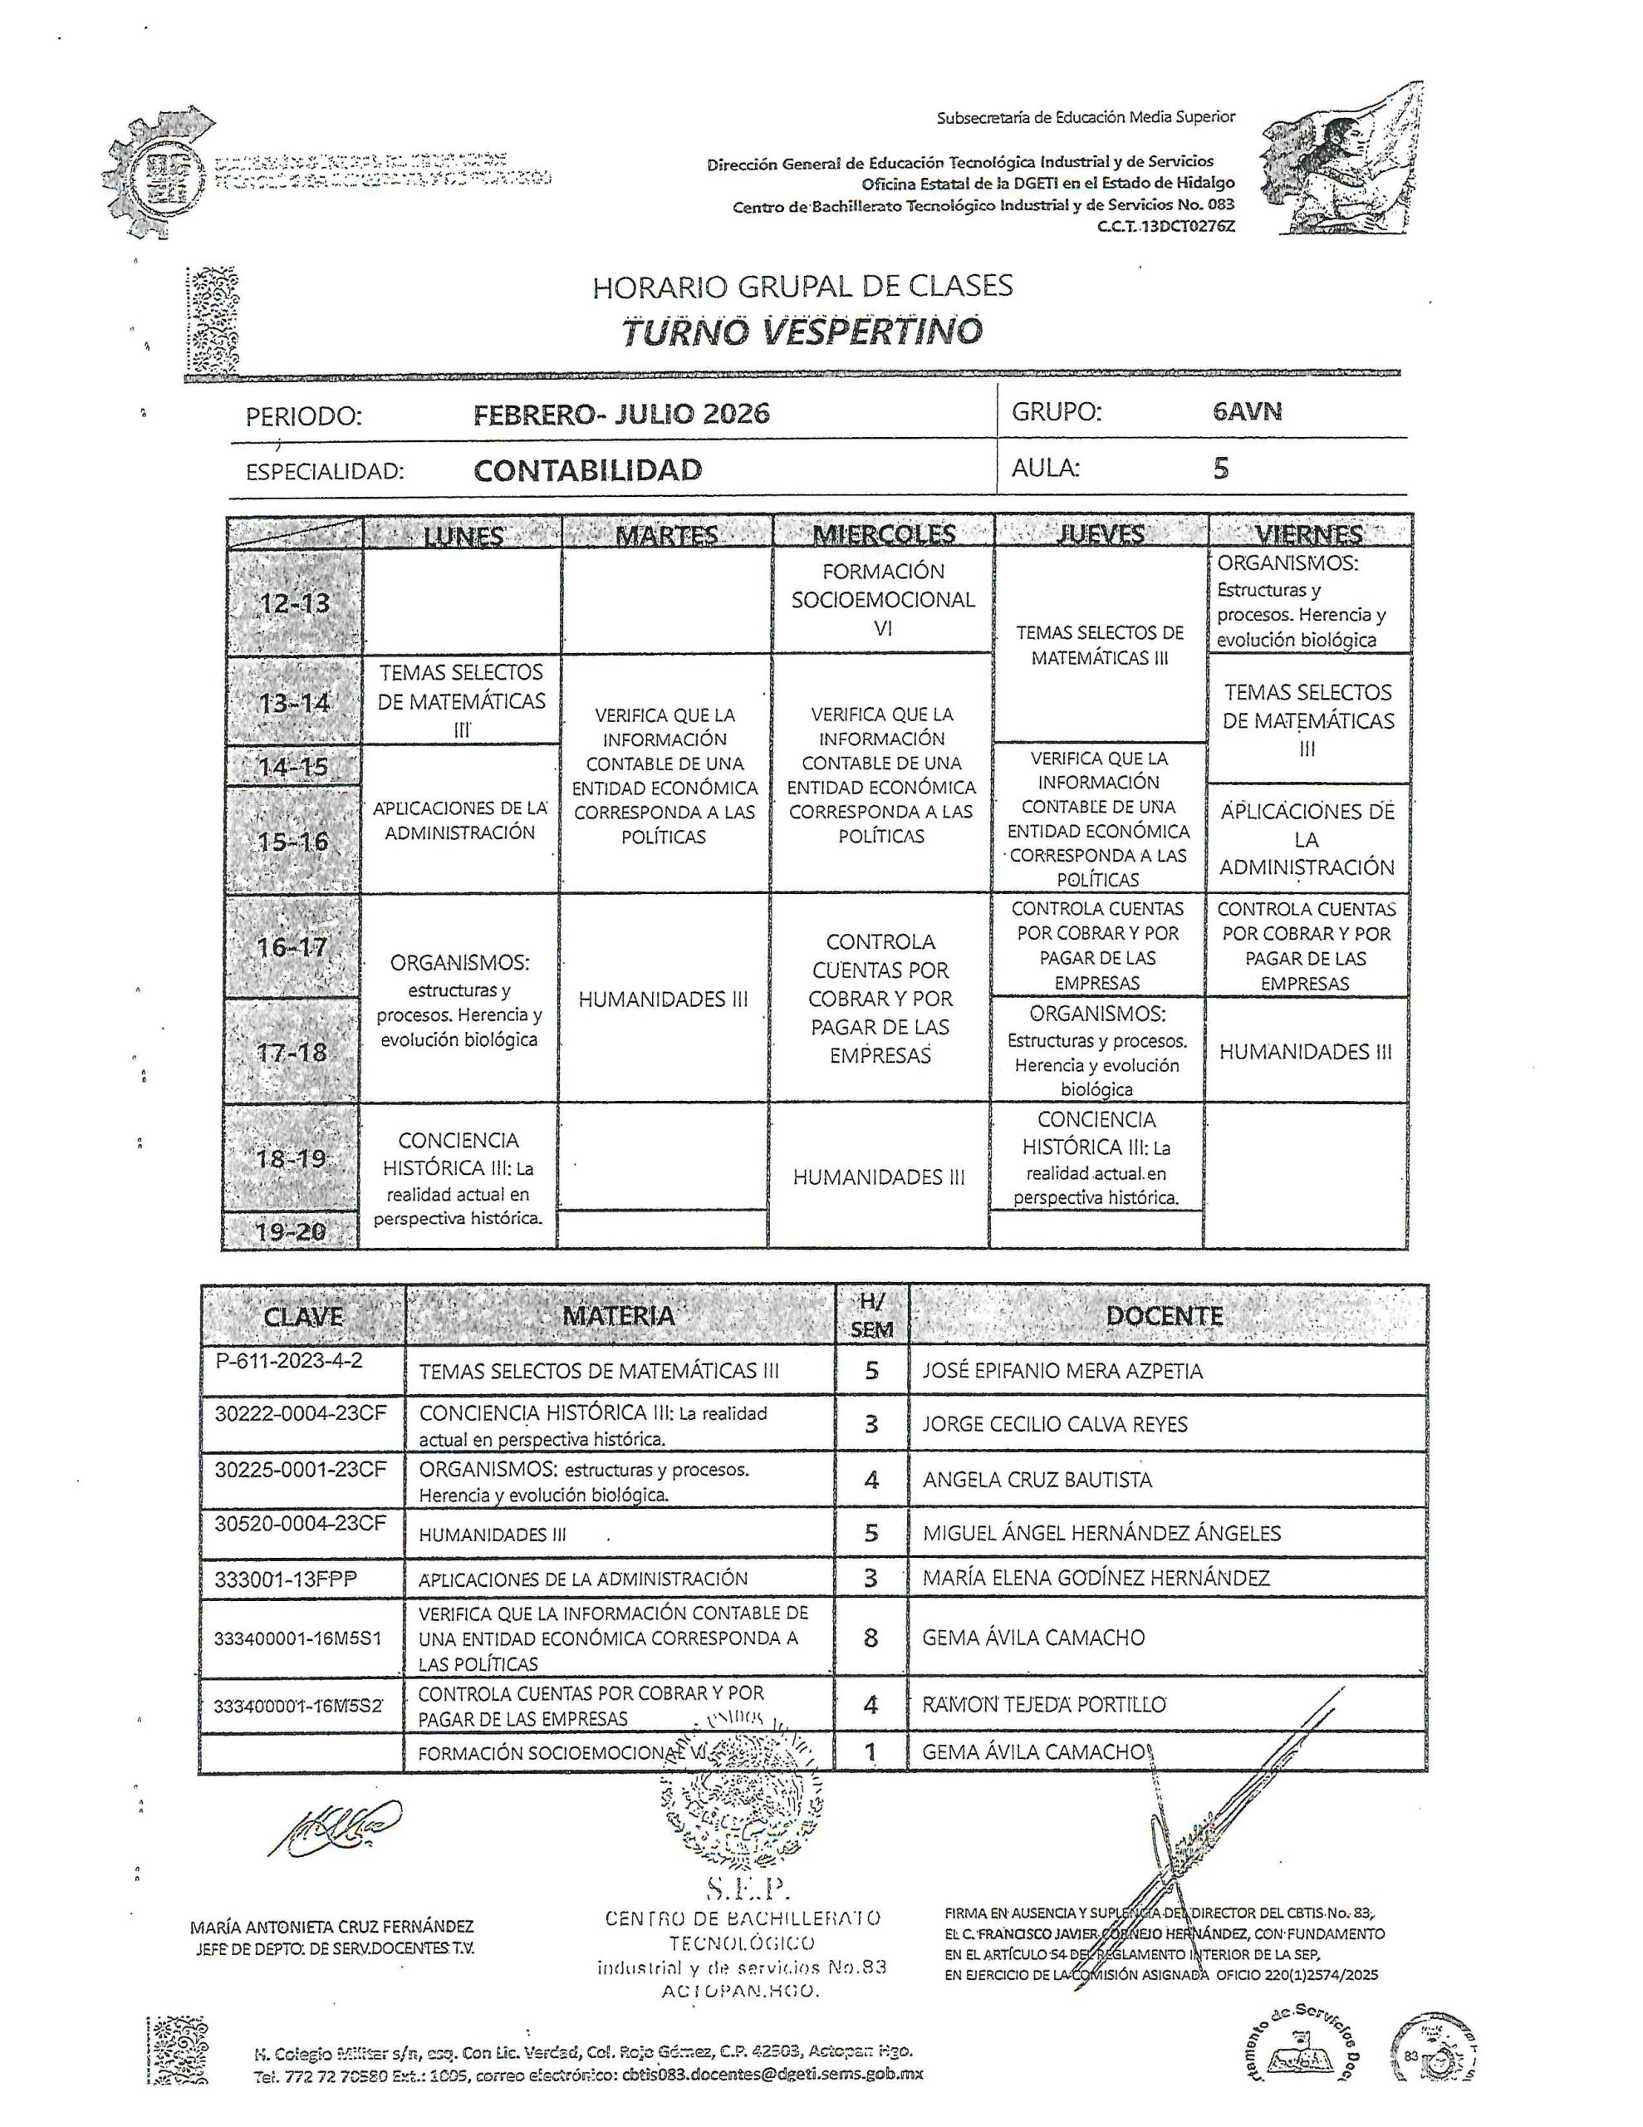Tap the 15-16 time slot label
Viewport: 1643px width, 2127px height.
(x=293, y=842)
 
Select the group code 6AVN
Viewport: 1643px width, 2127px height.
(x=1247, y=411)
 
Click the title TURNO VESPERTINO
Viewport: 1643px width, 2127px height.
(x=802, y=332)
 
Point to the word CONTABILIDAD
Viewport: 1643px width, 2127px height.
(x=587, y=470)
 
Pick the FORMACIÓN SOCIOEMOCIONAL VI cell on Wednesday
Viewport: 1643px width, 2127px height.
(x=882, y=599)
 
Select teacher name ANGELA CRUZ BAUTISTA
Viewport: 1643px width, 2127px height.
(x=1037, y=1480)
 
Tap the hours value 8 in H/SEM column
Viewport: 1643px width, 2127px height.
(x=871, y=1637)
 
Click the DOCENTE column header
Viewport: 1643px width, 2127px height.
(x=1164, y=1316)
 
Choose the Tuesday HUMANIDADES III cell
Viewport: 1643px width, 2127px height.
(x=663, y=1000)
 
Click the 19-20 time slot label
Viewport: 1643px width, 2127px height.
(x=290, y=1232)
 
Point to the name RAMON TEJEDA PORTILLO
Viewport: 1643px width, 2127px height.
(x=1043, y=1704)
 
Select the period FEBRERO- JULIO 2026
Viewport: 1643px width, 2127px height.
(x=621, y=414)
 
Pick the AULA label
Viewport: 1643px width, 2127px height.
(x=1045, y=468)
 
